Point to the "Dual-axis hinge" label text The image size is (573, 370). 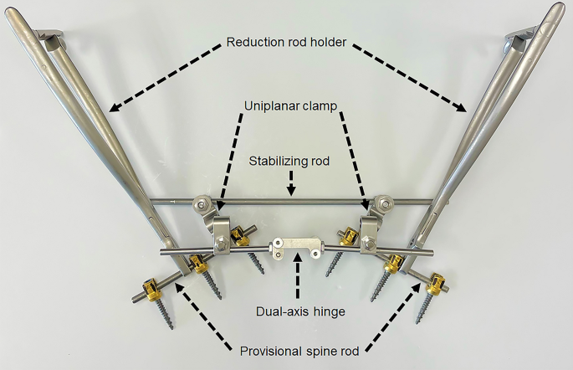[x=299, y=312]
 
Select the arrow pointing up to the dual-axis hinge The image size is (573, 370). [x=298, y=280]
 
